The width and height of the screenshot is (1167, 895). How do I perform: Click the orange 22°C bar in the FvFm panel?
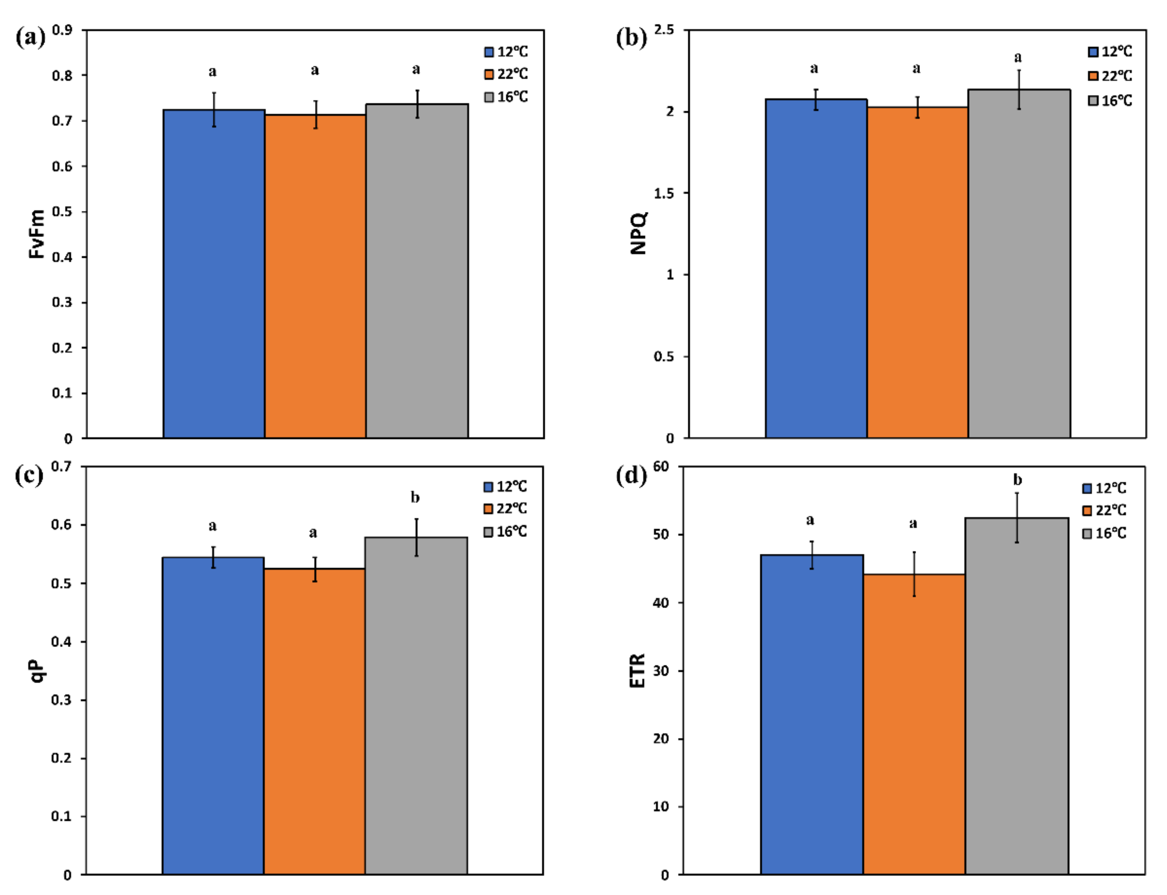point(315,277)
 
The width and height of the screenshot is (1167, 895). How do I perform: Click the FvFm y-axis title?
point(36,234)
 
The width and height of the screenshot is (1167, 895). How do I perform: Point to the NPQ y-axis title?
point(638,233)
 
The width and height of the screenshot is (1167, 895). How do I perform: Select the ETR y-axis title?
point(637,671)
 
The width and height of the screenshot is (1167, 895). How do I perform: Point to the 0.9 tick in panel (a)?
point(62,30)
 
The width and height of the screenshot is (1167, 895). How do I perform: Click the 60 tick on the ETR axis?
point(661,467)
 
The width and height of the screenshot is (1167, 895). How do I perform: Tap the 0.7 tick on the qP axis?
point(61,467)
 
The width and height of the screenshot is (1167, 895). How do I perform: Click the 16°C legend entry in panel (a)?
point(506,97)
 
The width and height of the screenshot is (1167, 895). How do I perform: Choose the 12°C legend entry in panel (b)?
point(1110,52)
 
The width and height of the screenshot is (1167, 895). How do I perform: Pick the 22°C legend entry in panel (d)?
point(1104,510)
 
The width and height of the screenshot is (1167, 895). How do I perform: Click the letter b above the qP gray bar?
point(415,497)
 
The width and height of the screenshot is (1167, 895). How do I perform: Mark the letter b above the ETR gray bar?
point(1017,480)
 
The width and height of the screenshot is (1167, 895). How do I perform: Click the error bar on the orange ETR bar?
point(914,574)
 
